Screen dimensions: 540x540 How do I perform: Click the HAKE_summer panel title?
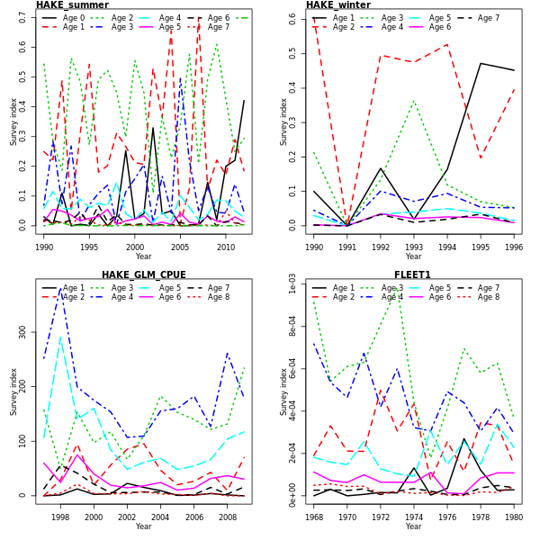tap(72, 5)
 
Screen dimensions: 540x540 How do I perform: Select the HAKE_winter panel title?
tap(337, 5)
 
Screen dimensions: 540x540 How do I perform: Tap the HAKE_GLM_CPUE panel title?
tap(143, 275)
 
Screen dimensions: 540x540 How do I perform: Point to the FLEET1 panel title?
tap(412, 275)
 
